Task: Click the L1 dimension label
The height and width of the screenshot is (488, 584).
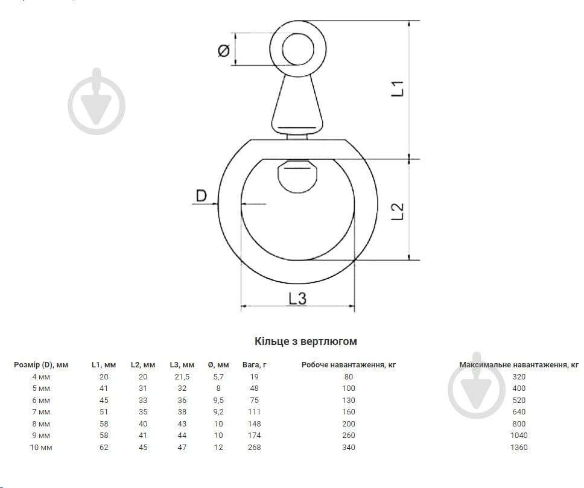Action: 398,89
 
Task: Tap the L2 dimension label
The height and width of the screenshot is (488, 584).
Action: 398,211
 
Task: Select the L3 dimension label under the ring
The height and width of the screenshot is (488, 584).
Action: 297,299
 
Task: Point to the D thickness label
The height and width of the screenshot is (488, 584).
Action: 201,195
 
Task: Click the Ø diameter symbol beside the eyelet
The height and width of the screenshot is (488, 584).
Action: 223,50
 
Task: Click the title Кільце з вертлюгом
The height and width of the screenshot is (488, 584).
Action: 306,341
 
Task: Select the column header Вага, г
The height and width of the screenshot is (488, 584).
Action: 255,365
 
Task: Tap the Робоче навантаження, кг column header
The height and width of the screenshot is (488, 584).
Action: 349,365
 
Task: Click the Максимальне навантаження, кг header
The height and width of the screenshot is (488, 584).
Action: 519,365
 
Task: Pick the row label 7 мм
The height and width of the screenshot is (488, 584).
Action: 41,412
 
